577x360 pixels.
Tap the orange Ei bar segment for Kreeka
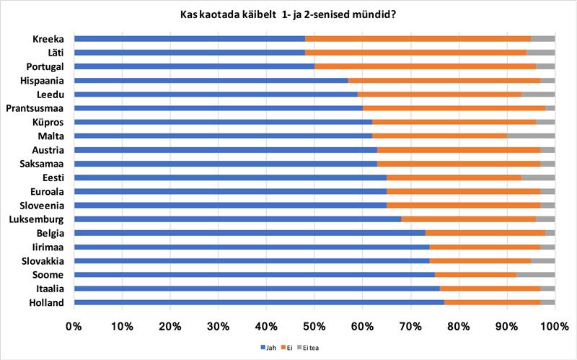418,38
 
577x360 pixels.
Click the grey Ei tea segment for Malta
530,135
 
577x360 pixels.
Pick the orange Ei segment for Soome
475,275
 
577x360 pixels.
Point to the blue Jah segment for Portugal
194,66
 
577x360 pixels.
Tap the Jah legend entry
268,348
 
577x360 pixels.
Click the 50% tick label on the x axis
314,326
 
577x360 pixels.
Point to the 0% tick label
74,326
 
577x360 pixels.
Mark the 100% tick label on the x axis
554,326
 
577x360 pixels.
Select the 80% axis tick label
459,326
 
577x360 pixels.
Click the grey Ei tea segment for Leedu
537,94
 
